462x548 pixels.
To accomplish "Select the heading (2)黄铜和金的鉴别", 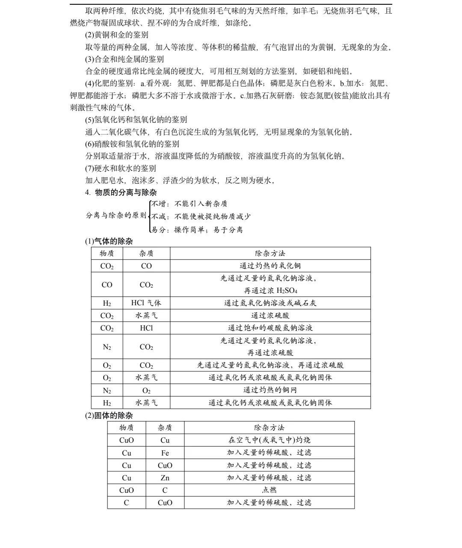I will (x=117, y=35).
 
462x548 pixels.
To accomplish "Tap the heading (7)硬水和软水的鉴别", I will (x=121, y=168).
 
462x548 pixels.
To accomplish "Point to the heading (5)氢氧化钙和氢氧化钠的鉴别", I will (x=136, y=119).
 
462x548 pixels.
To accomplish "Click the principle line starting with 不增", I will (x=190, y=204).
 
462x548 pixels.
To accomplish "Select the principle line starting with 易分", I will (x=197, y=230).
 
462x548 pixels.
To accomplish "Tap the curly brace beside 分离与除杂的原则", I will (x=150, y=216).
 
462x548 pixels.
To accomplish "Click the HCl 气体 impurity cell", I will (x=146, y=303).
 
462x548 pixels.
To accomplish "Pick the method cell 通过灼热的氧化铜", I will (x=270, y=266).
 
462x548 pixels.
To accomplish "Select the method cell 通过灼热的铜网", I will (x=270, y=390).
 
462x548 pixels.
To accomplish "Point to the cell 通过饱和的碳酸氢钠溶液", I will (x=270, y=328).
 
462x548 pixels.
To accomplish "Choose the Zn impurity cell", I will (x=165, y=478).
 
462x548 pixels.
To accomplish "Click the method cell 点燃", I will (x=269, y=490).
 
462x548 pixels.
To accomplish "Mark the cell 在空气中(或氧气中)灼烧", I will (x=269, y=440).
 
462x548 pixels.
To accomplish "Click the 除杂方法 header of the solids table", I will (x=269, y=428).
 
